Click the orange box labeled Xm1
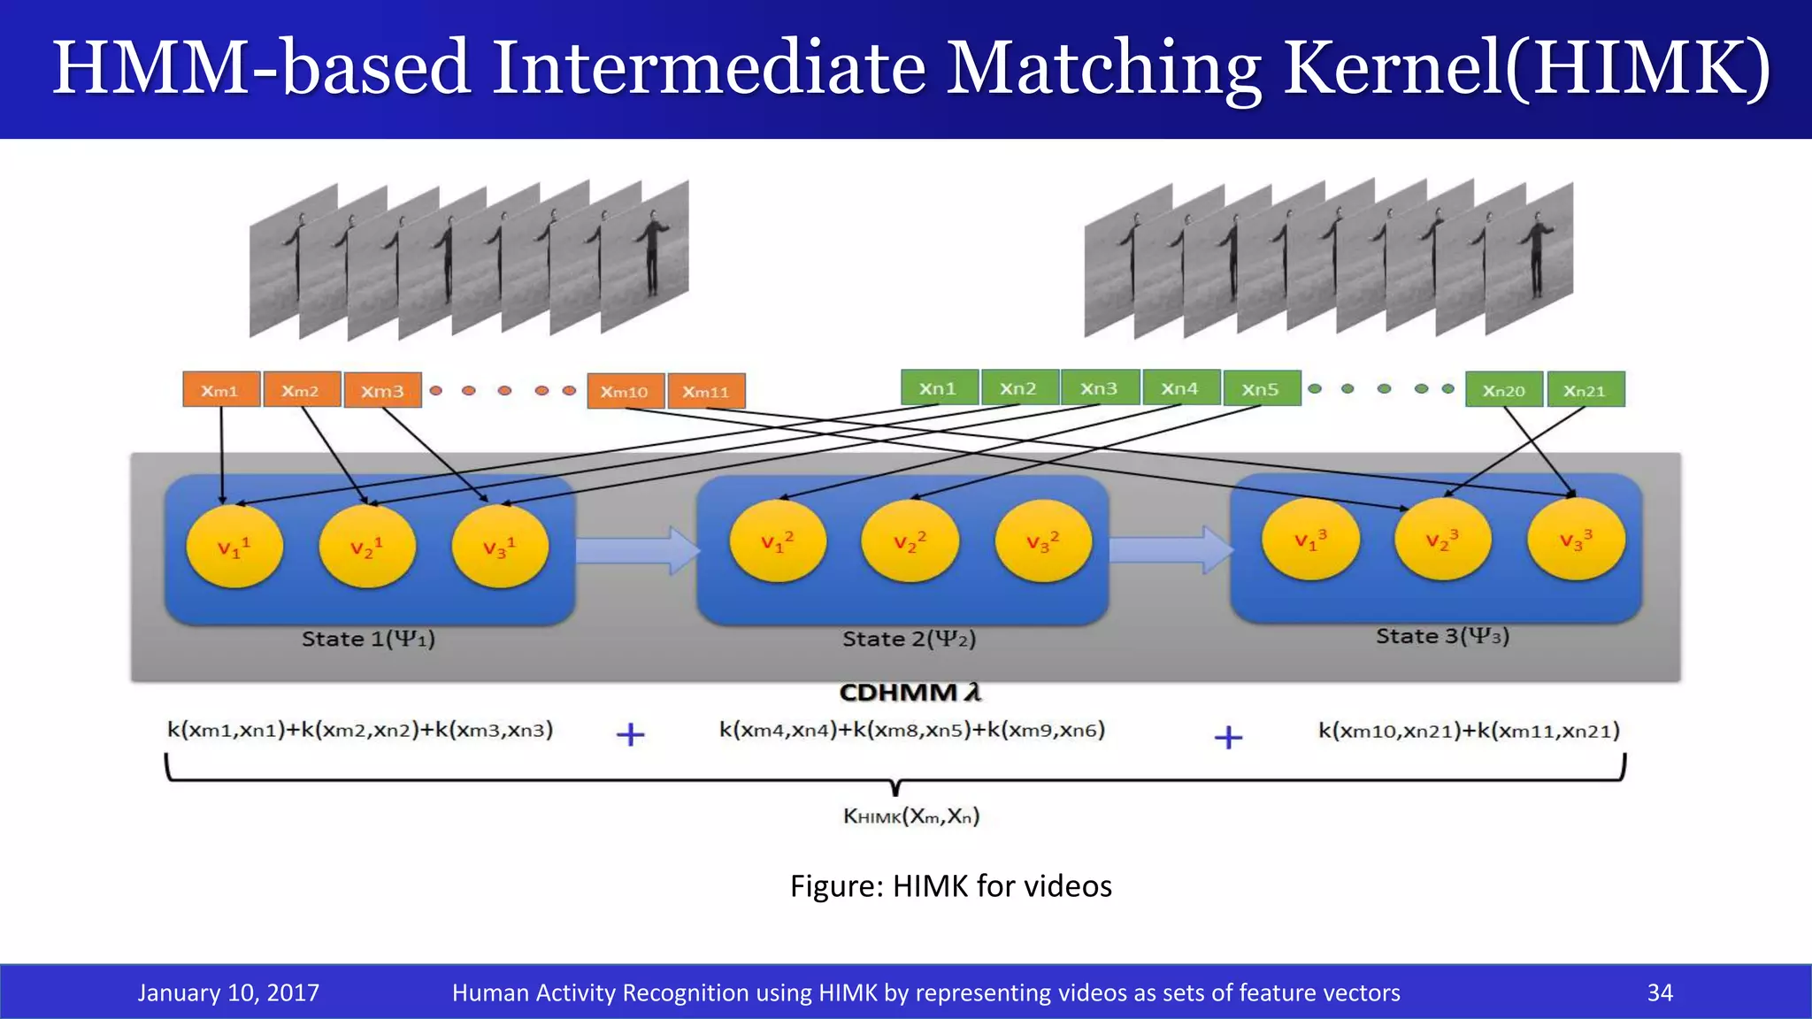[x=221, y=390]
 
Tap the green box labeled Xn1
[x=939, y=388]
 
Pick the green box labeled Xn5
[x=1261, y=389]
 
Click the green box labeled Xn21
[x=1585, y=390]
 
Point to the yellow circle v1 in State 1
[x=234, y=547]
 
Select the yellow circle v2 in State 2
[x=910, y=541]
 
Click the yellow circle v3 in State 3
[x=1576, y=539]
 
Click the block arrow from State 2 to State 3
[x=1171, y=549]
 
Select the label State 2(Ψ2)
[x=909, y=639]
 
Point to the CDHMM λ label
[x=910, y=692]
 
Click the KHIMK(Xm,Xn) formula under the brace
[x=911, y=816]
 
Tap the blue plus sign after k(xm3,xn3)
[x=630, y=734]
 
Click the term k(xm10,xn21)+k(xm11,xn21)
[x=1469, y=731]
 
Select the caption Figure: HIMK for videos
[x=950, y=885]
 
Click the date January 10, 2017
[x=228, y=992]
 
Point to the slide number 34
[x=1660, y=992]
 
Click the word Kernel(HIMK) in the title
[x=1526, y=68]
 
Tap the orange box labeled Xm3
[x=382, y=391]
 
